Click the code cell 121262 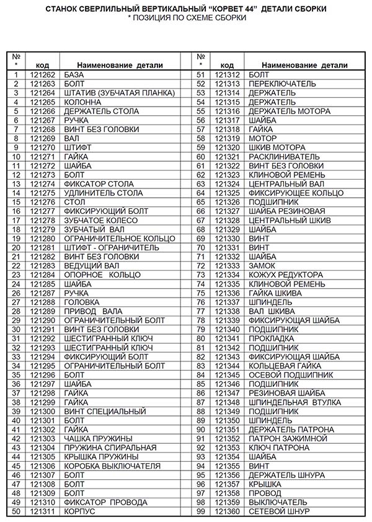click(43, 75)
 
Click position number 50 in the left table click(17, 511)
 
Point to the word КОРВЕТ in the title click(243, 10)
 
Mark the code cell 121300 click(43, 412)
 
